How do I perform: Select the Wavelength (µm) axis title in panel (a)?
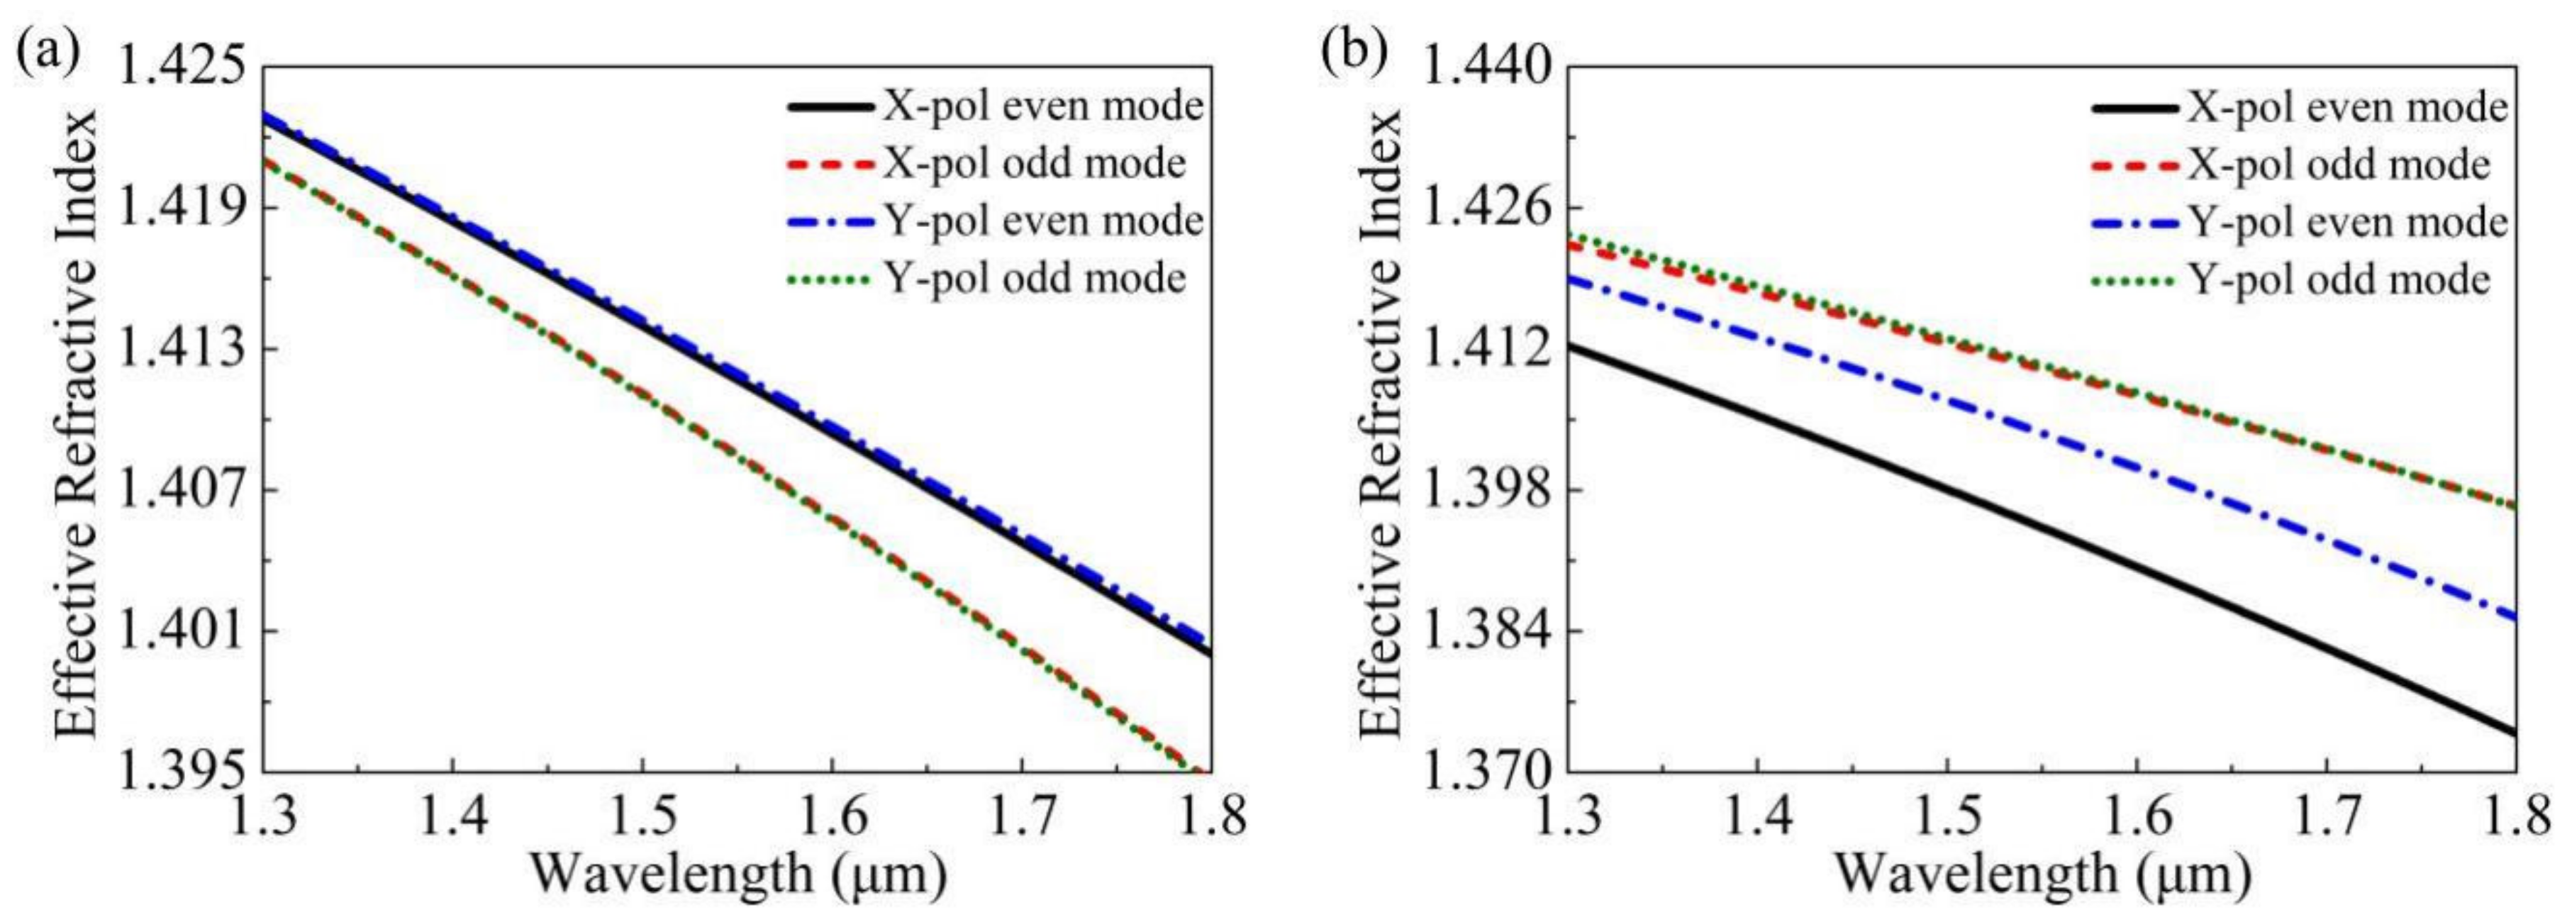(x=737, y=875)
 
